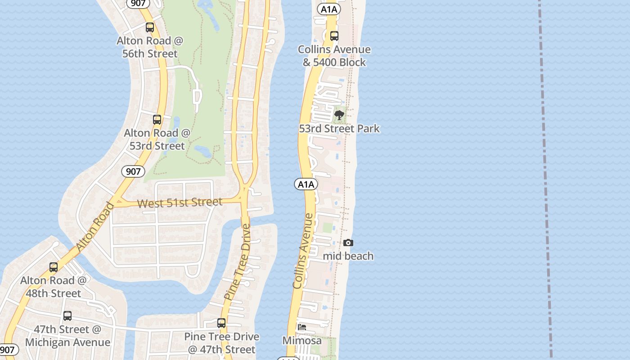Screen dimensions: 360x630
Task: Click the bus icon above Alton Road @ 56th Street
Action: [150, 27]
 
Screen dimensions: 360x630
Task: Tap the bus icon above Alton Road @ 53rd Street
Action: [157, 120]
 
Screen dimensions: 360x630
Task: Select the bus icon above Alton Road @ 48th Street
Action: [54, 267]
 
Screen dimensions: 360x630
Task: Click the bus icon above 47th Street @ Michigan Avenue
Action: [67, 316]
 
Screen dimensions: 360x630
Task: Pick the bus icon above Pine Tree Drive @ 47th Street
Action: [221, 323]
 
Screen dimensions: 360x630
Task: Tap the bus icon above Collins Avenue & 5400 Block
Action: [334, 36]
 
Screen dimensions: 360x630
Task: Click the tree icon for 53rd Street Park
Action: [339, 115]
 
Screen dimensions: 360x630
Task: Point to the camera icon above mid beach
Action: [348, 243]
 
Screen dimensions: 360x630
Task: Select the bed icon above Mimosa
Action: [302, 327]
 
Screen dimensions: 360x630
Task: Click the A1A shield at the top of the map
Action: [328, 9]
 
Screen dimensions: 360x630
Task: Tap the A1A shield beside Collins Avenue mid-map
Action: [306, 184]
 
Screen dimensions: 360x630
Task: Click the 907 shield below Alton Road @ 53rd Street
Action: [133, 171]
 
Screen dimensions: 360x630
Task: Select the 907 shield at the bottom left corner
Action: [8, 350]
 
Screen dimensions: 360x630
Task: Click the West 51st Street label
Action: [180, 202]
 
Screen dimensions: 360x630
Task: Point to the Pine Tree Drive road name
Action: [237, 262]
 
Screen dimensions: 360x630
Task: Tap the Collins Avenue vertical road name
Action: [302, 251]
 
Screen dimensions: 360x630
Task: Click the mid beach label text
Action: [348, 256]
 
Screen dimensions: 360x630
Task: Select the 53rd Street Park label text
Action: [339, 129]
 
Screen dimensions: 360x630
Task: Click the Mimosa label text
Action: [302, 341]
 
